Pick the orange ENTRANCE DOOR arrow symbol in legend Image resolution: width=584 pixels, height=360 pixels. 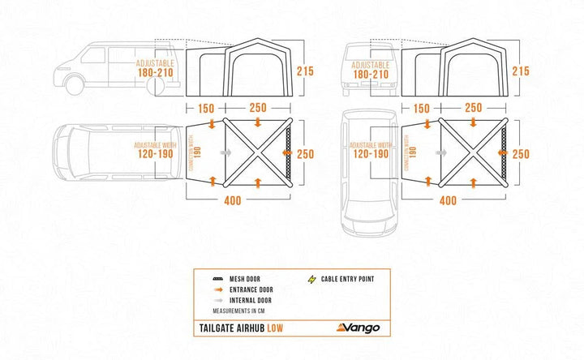(218, 289)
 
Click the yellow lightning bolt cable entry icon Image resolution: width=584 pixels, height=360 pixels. (311, 277)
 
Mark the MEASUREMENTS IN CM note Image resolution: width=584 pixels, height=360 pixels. (243, 311)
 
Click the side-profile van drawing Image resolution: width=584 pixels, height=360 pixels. (97, 67)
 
